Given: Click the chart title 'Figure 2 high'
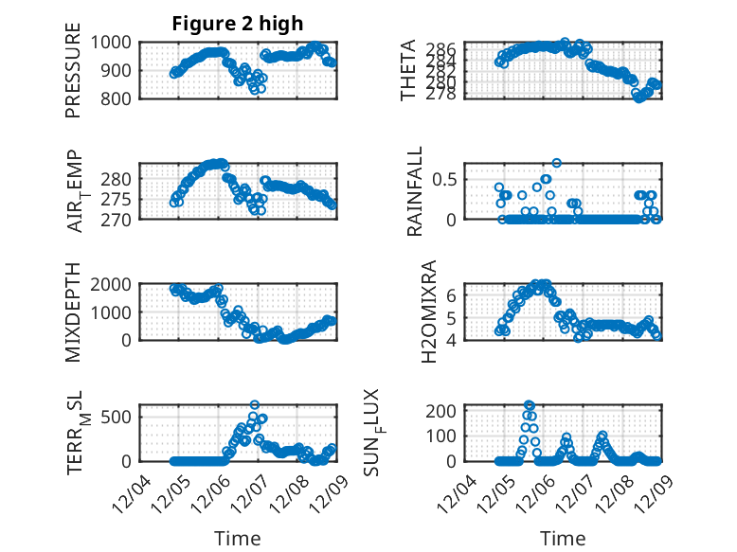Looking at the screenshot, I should pyautogui.click(x=238, y=25).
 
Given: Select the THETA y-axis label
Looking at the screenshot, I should pyautogui.click(x=408, y=70).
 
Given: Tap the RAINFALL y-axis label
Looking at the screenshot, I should pyautogui.click(x=415, y=198).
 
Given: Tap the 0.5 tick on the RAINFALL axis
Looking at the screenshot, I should pyautogui.click(x=447, y=178).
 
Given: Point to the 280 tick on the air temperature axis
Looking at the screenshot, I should pyautogui.click(x=122, y=180).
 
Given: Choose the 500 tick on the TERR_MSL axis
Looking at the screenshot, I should pyautogui.click(x=122, y=415).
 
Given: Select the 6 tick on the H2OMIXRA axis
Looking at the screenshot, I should pyautogui.click(x=452, y=295).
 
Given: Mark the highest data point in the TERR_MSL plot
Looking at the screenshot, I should pyautogui.click(x=255, y=404).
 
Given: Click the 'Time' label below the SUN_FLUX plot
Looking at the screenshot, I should pyautogui.click(x=563, y=539).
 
